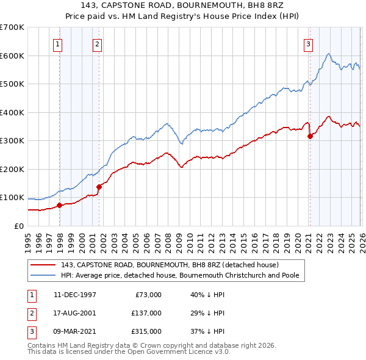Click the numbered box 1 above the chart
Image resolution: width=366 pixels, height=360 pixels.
point(57,43)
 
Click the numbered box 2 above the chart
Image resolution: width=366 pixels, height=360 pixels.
point(97,43)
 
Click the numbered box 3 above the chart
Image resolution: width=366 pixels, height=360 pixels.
point(308,43)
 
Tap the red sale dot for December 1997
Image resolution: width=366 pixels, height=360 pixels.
point(59,205)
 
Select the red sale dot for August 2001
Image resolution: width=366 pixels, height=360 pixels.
point(99,187)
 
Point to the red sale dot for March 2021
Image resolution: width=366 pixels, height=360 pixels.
point(310,136)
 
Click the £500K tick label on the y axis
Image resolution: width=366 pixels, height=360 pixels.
point(12,84)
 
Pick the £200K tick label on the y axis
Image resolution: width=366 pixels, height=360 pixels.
point(12,169)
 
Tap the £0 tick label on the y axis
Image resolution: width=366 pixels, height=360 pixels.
point(18,226)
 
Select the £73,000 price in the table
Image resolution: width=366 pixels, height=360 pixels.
point(147,295)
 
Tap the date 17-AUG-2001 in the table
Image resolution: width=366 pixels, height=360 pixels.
point(75,313)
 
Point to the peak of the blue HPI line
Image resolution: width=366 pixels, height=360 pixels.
point(328,54)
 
